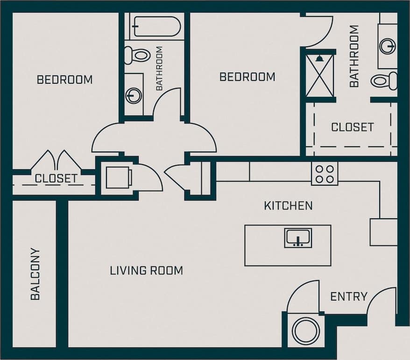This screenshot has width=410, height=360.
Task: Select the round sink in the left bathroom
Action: [134, 95]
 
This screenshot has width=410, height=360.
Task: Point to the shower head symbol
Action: [319, 58]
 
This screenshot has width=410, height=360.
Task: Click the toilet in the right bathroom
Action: [383, 81]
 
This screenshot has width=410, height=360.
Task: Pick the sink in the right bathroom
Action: [387, 46]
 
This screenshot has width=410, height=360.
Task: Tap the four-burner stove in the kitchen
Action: [325, 174]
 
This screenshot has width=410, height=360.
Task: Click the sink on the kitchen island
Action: [298, 238]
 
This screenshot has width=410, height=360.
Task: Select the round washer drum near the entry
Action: [305, 331]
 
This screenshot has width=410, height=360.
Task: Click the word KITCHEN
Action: [288, 206]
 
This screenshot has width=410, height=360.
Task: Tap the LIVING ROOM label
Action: [146, 270]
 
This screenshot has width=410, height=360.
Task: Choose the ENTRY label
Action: [348, 296]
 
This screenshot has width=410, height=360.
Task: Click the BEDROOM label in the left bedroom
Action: [64, 79]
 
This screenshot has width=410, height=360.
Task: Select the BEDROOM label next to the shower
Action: [247, 77]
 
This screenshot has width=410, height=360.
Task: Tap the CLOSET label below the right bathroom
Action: [352, 127]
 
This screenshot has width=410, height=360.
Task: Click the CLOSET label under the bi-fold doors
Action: [56, 178]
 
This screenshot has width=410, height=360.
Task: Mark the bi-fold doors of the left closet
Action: [56, 160]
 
